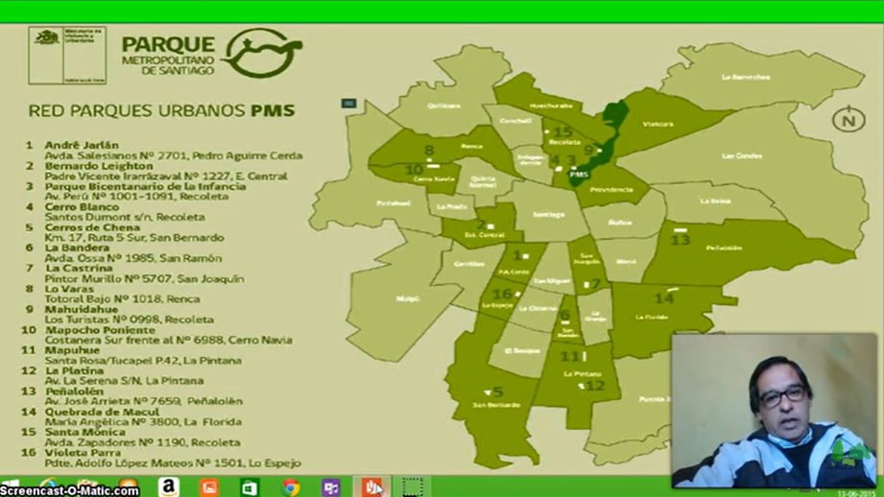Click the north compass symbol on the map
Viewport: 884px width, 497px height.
[x=848, y=120]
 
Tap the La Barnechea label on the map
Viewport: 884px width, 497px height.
[x=746, y=77]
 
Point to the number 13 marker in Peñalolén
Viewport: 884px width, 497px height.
[x=681, y=240]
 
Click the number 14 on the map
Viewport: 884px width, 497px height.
[x=664, y=298]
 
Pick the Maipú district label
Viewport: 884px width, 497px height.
[x=408, y=297]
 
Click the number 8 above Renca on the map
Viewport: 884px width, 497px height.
[x=429, y=151]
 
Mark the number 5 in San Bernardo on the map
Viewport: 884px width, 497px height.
[x=497, y=391]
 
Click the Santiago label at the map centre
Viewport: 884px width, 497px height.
[x=549, y=214]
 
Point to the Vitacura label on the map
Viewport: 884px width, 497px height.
[x=657, y=124]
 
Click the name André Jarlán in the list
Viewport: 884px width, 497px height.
[x=82, y=145]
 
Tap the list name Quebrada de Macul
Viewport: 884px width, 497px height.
[x=95, y=412]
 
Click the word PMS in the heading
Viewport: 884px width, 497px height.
[x=273, y=111]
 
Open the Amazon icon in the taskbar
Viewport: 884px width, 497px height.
[x=168, y=487]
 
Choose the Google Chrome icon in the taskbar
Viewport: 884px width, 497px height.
[x=290, y=487]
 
